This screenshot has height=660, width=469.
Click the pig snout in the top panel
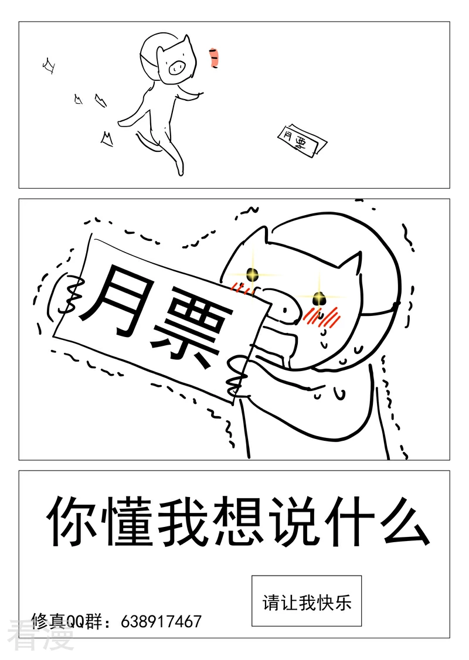(x=176, y=66)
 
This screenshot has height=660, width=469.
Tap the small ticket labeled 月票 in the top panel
(x=302, y=141)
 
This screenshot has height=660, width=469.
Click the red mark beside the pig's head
(x=214, y=57)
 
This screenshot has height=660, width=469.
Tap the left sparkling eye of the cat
(x=252, y=274)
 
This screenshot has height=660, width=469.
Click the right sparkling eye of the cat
(x=319, y=298)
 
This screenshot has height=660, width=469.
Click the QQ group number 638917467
(x=161, y=621)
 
